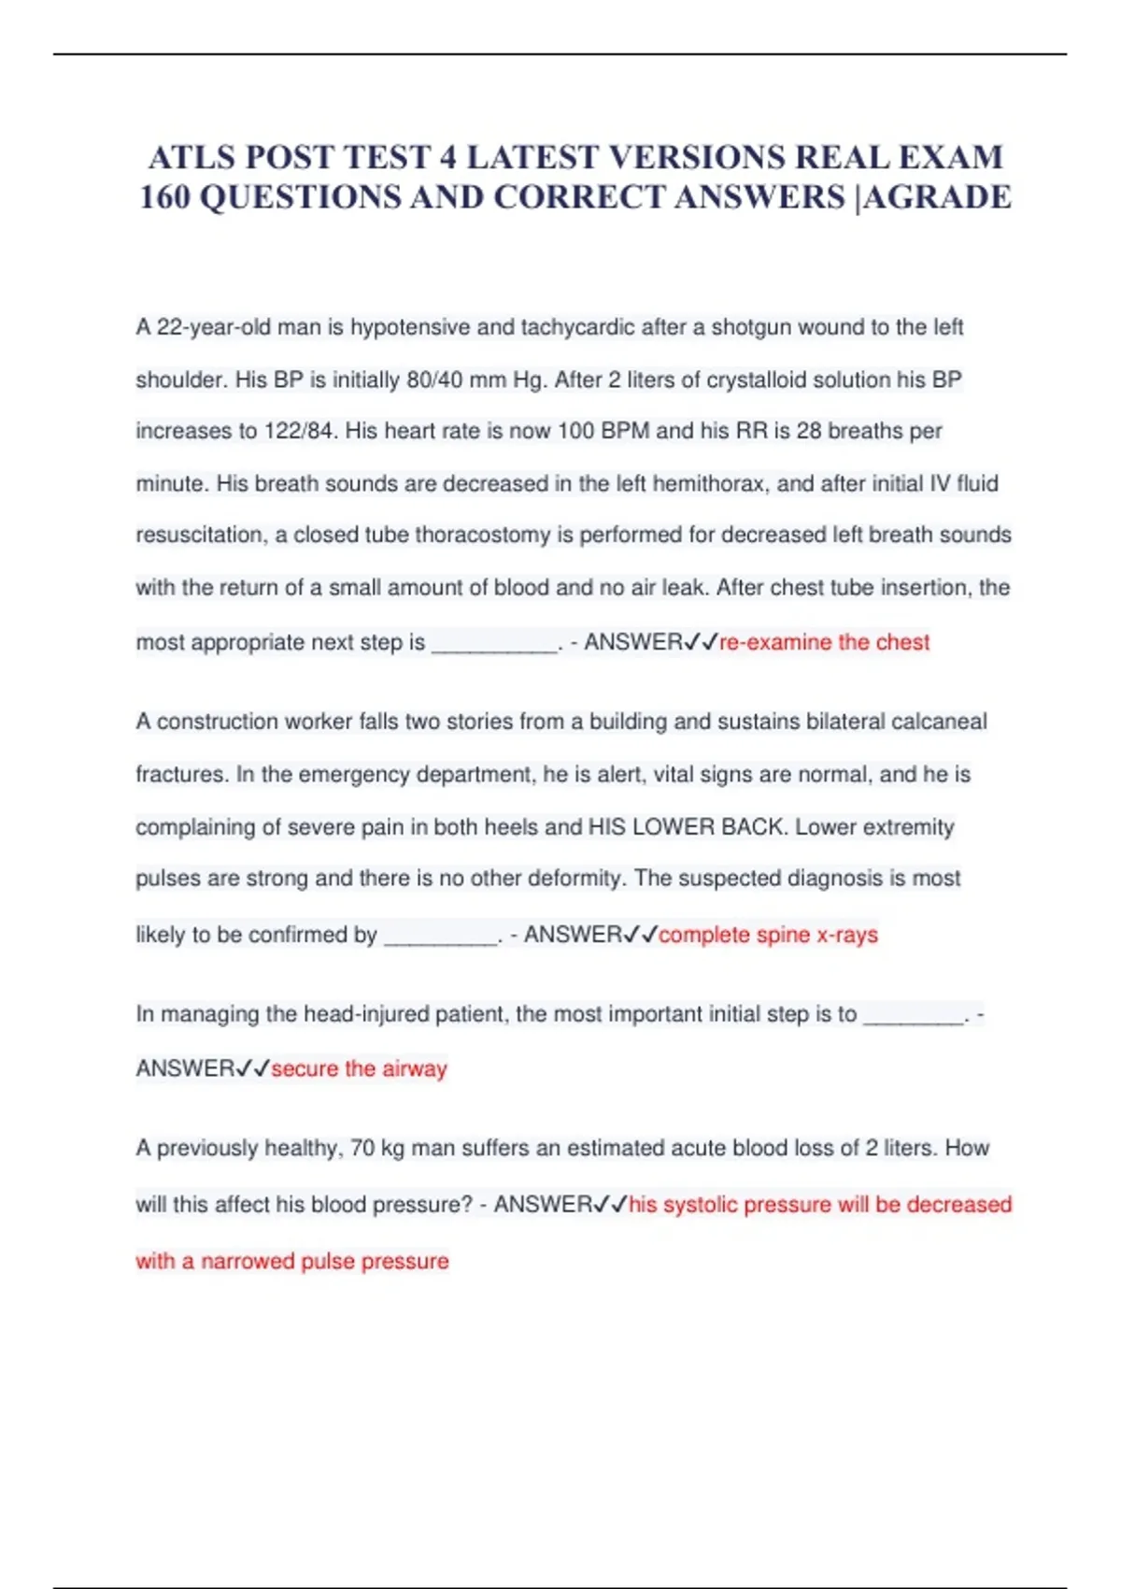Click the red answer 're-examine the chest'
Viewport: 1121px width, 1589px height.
click(824, 642)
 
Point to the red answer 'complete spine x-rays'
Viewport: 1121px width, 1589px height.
click(768, 935)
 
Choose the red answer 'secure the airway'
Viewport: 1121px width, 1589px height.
click(359, 1068)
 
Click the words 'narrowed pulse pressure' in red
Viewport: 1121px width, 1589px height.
click(325, 1261)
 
